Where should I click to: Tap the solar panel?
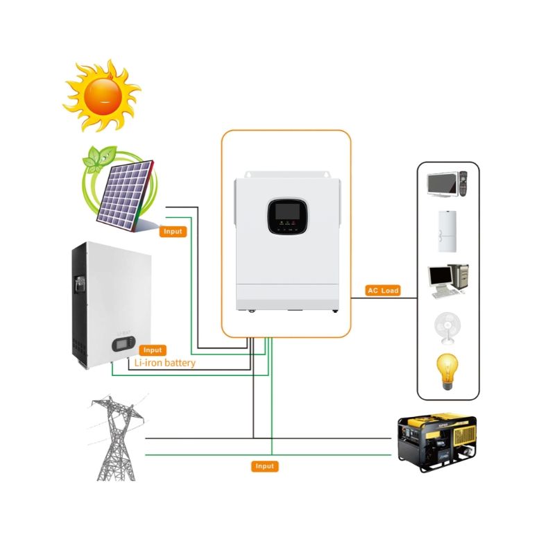pos(126,196)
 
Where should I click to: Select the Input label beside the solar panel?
pos(173,232)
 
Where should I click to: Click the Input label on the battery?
pos(153,350)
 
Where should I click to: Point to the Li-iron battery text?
pos(165,363)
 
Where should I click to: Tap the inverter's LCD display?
pos(288,212)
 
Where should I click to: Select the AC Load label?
pos(383,291)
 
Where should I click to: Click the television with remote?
pos(447,184)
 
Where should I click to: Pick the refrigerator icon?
pos(447,232)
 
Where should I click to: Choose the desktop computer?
pos(448,281)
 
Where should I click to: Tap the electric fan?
pos(447,328)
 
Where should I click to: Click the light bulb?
pos(447,372)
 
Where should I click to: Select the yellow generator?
pos(437,442)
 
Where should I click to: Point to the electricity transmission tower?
pos(116,438)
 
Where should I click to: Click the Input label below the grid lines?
pos(265,466)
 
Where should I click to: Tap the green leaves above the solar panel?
pos(100,158)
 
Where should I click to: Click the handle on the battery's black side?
pos(80,284)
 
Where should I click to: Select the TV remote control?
pos(463,184)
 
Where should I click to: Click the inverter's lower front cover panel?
pos(287,297)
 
